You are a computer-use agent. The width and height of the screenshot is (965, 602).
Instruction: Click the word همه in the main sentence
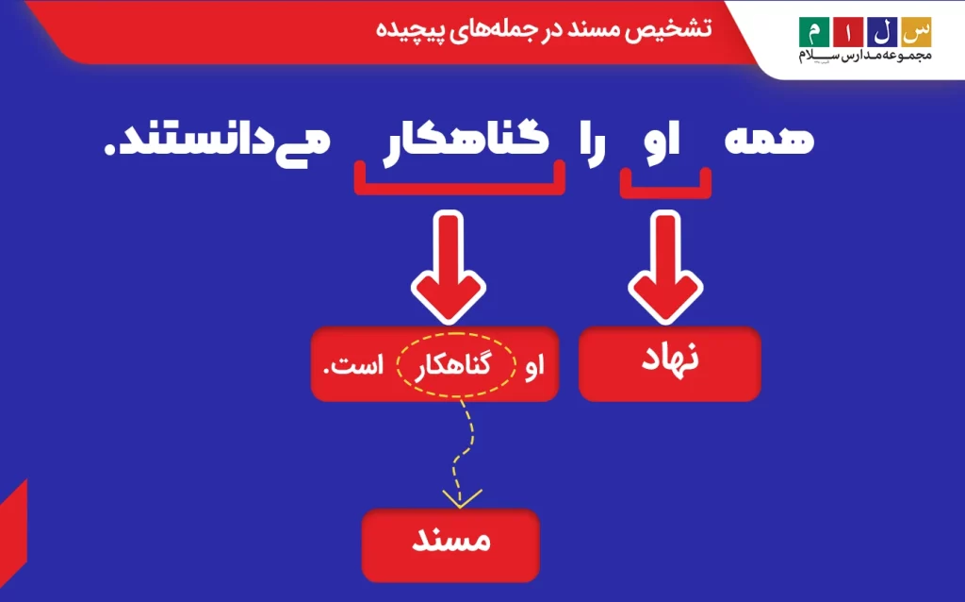pyautogui.click(x=770, y=140)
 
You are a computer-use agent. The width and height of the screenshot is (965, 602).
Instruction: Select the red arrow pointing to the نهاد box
pyautogui.click(x=665, y=269)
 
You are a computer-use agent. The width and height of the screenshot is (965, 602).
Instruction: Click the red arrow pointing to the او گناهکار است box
pyautogui.click(x=450, y=269)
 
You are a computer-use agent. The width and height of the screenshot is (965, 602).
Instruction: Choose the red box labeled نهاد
pyautogui.click(x=669, y=363)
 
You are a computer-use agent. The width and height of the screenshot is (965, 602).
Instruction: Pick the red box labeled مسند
pyautogui.click(x=450, y=545)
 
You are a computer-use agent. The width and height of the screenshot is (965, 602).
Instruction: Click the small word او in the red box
pyautogui.click(x=536, y=366)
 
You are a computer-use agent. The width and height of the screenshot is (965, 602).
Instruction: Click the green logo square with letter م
pyautogui.click(x=811, y=32)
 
